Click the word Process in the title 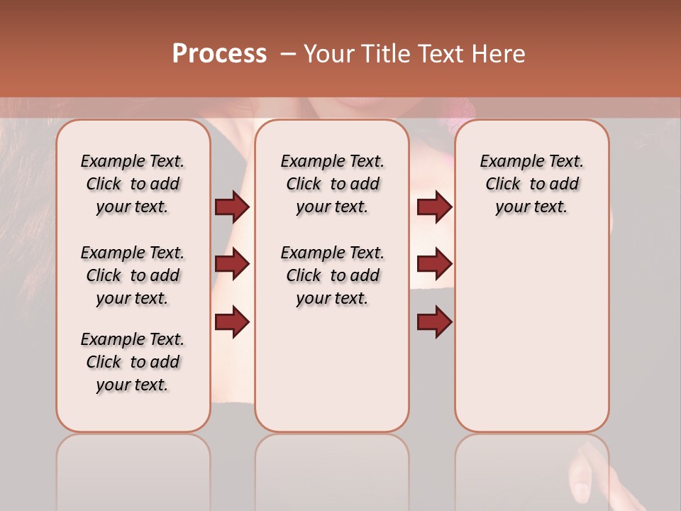[x=219, y=54]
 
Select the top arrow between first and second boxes [x=232, y=207]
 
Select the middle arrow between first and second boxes [x=232, y=264]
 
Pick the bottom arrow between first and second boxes [x=232, y=322]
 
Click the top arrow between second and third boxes [x=434, y=207]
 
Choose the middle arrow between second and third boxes [x=434, y=264]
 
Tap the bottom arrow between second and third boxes [x=434, y=322]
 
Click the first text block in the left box [x=133, y=184]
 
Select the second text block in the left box [x=133, y=275]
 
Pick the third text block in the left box [x=133, y=362]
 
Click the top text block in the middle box [x=332, y=184]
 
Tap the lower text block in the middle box [x=332, y=275]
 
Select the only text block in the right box [x=531, y=184]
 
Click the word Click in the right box [x=503, y=185]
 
